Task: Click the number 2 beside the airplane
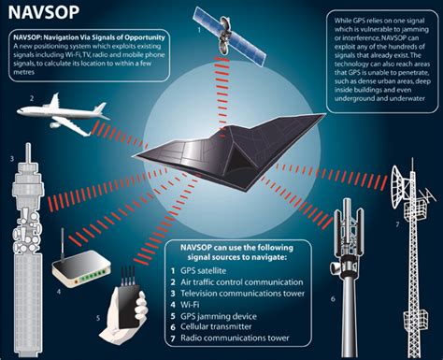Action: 31,98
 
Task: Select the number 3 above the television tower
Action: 10,159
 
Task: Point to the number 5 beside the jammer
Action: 95,317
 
